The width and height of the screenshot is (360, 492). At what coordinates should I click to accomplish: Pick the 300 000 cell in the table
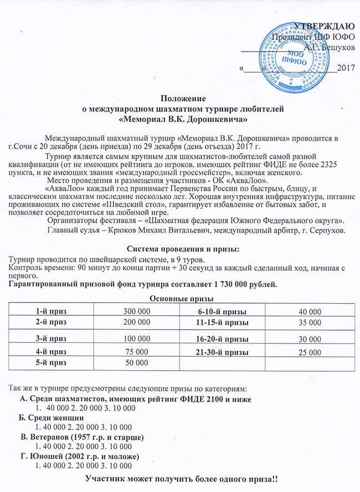137,312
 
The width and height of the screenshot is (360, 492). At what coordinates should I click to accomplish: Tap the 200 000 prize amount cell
137,322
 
